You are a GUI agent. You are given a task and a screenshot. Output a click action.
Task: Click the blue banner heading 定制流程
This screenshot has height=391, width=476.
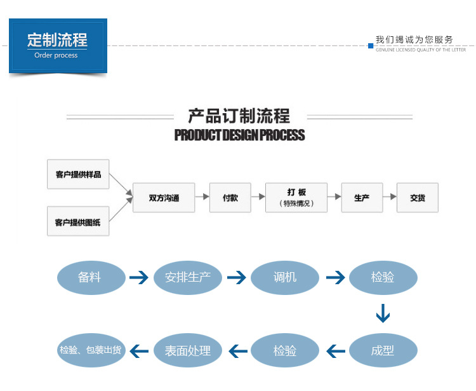pyautogui.click(x=57, y=40)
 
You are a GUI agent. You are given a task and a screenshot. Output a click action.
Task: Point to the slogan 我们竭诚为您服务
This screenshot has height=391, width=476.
pyautogui.click(x=414, y=39)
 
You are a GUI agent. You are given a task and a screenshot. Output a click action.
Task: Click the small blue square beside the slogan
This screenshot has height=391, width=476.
pyautogui.click(x=371, y=45)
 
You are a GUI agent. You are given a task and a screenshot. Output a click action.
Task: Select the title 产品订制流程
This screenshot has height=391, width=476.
pyautogui.click(x=239, y=116)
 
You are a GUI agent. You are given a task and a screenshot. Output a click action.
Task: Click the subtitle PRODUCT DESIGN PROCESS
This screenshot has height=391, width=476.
pyautogui.click(x=239, y=135)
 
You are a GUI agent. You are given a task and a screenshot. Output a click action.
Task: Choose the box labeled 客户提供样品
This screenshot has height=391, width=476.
pyautogui.click(x=78, y=174)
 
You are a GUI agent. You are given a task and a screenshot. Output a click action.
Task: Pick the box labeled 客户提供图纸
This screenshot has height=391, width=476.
pyautogui.click(x=78, y=222)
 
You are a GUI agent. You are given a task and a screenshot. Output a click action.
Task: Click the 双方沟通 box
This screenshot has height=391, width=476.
pyautogui.click(x=164, y=198)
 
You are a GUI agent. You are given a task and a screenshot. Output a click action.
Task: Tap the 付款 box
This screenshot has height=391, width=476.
pyautogui.click(x=230, y=198)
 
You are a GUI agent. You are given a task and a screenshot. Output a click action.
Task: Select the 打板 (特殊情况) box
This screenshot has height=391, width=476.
pyautogui.click(x=296, y=198)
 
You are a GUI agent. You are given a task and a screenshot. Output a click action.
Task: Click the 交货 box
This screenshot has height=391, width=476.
pyautogui.click(x=417, y=198)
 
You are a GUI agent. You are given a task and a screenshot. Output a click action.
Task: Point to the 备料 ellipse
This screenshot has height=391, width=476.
pyautogui.click(x=91, y=278)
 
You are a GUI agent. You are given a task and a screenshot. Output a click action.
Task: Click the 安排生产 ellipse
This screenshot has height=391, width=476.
pyautogui.click(x=187, y=278)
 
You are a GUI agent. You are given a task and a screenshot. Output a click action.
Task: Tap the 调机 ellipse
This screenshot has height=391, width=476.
pyautogui.click(x=284, y=278)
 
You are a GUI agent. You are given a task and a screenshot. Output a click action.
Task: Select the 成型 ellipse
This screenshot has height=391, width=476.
pyautogui.click(x=383, y=350)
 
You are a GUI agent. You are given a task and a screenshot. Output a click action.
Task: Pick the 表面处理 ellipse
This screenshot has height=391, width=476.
pyautogui.click(x=187, y=350)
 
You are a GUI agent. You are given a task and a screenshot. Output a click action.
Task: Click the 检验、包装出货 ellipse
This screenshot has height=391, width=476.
pyautogui.click(x=91, y=350)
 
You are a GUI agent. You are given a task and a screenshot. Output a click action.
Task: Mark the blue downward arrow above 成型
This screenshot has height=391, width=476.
pyautogui.click(x=382, y=313)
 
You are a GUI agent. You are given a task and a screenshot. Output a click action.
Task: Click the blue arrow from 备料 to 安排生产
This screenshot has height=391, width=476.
pyautogui.click(x=139, y=278)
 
